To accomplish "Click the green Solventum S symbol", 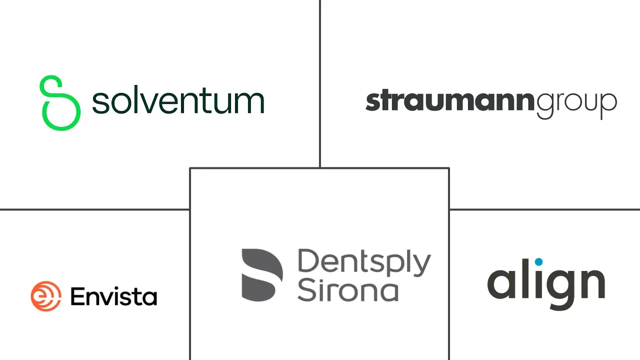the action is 60,103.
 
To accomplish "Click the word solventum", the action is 178,99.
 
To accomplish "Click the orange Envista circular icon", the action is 46,296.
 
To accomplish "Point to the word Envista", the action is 113,296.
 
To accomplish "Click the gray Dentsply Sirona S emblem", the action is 262,275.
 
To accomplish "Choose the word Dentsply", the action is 364,262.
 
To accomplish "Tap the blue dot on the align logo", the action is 538,261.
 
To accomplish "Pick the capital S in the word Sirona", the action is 307,290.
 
